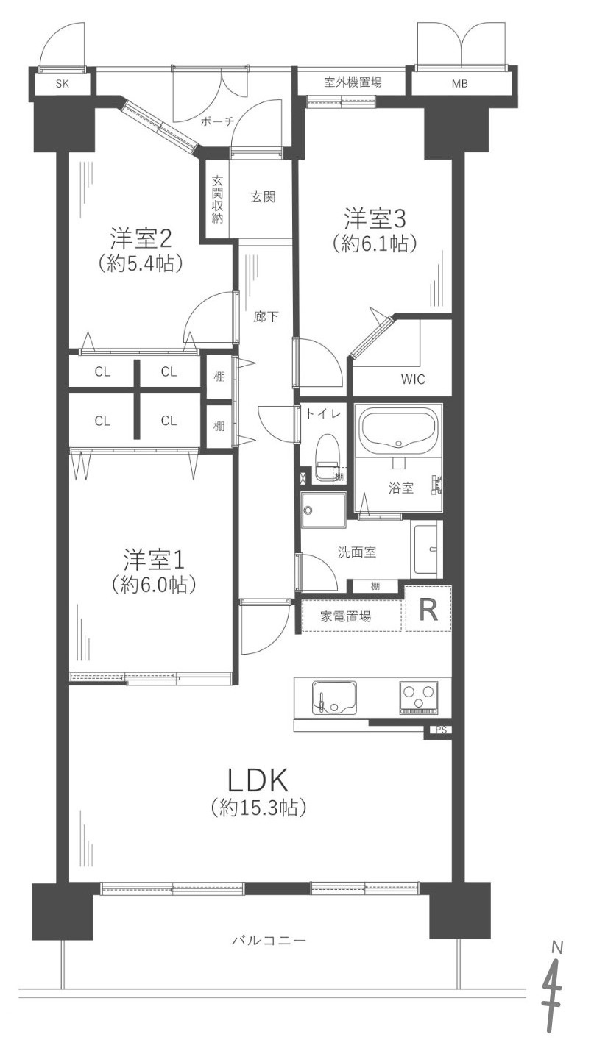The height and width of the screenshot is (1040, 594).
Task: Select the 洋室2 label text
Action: pos(141,238)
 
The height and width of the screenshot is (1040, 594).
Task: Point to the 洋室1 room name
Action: pos(154,559)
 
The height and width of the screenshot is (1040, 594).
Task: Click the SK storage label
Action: pos(62,84)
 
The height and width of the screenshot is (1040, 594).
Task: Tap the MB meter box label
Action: pos(460,84)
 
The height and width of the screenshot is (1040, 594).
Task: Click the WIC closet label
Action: pos(413,380)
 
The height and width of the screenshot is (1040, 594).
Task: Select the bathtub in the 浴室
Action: pos(399,430)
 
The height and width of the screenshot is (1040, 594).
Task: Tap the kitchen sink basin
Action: pos(334,698)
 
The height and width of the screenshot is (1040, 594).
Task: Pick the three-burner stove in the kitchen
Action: pos(418,698)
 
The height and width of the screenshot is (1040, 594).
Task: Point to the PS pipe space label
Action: pos(441,730)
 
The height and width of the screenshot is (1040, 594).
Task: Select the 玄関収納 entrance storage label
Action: pos(217,199)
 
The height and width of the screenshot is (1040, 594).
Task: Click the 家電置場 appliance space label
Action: pos(345,616)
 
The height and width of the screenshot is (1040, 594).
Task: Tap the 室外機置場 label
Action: pos(353,82)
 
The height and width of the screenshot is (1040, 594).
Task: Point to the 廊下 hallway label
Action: pos(266,317)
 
